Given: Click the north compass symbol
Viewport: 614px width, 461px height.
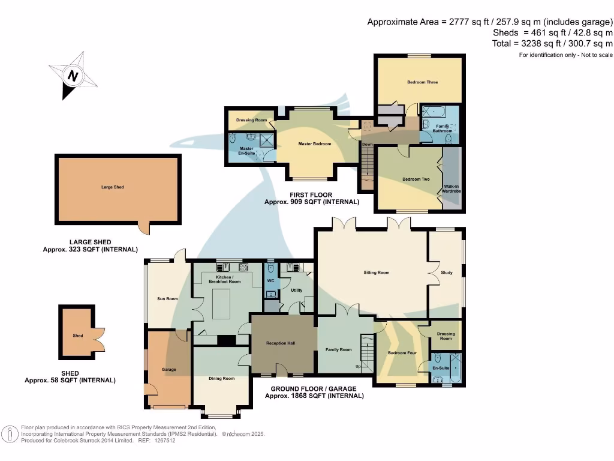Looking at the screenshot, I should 73,76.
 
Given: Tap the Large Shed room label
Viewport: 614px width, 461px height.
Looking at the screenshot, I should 112,187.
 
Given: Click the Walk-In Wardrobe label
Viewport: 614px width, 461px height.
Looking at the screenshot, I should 451,189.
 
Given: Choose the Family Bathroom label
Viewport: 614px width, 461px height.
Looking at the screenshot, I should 443,128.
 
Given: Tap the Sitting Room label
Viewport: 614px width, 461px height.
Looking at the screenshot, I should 377,273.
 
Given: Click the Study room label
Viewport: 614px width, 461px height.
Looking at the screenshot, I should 446,273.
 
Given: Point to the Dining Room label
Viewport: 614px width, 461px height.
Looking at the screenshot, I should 221,378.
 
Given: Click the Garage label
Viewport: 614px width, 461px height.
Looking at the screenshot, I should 169,369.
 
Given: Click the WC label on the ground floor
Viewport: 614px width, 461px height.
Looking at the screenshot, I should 270,281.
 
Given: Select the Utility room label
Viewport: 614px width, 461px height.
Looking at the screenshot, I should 296,290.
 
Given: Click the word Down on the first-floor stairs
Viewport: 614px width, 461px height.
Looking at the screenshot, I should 367,145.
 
